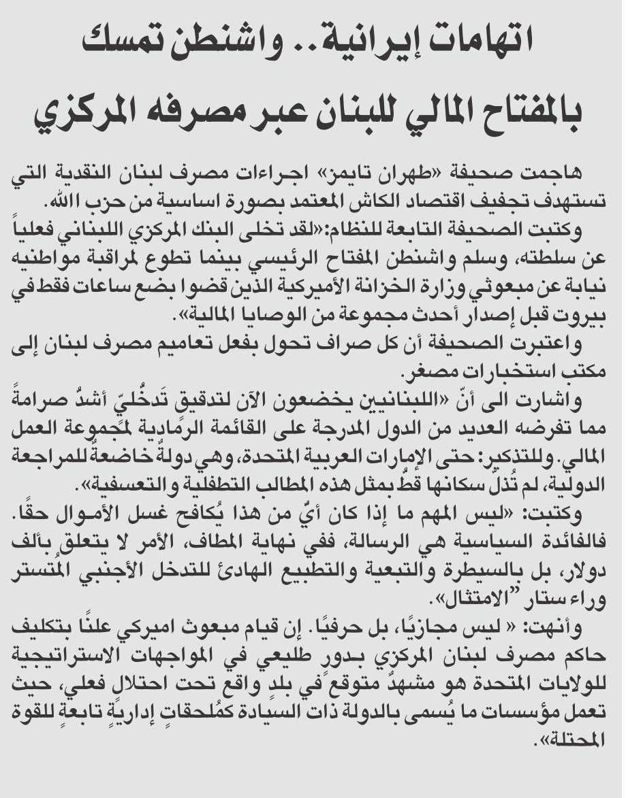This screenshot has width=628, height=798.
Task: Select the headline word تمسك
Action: [x=119, y=43]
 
